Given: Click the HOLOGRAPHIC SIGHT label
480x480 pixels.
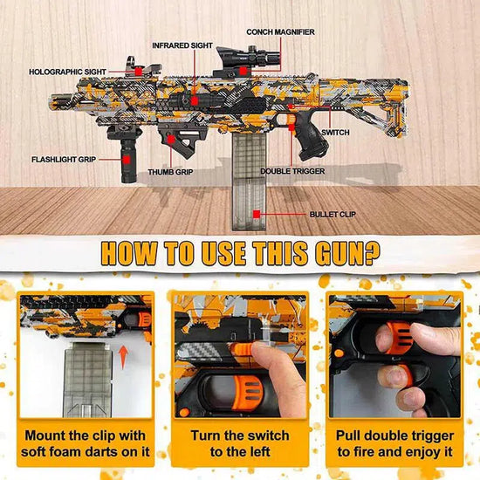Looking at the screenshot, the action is pos(67,72).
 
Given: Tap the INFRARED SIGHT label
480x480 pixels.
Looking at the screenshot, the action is pos(182,45).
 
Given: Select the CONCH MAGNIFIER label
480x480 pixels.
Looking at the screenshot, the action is pos(280,32).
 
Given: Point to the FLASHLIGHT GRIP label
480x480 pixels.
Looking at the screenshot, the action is pos(64,160).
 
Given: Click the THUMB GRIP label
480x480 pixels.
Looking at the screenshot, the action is pos(170,172).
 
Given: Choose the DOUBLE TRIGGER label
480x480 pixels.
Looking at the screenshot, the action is pos(292,171).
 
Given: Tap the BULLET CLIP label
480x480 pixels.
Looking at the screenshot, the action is pos(333,215).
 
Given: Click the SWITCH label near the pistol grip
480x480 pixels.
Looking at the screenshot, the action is pos(335,133).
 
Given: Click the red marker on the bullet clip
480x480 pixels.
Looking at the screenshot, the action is pos(257,215).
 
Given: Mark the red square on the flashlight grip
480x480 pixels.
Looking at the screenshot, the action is pos(127,160).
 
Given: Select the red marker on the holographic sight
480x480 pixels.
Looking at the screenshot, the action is pos(139,72).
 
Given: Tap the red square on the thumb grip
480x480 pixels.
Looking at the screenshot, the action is pos(171,140).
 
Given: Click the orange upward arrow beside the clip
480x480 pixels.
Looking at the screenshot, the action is pos(123,357).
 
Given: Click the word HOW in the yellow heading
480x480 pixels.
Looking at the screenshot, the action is pos(129,253).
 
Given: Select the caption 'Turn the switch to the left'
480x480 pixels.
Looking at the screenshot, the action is pos(240,443).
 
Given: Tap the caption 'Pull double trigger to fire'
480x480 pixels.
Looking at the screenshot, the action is pos(394,443).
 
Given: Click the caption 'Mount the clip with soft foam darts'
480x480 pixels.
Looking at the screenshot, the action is pos(86,443).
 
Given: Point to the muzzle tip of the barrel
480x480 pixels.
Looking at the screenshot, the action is pos(51,103).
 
